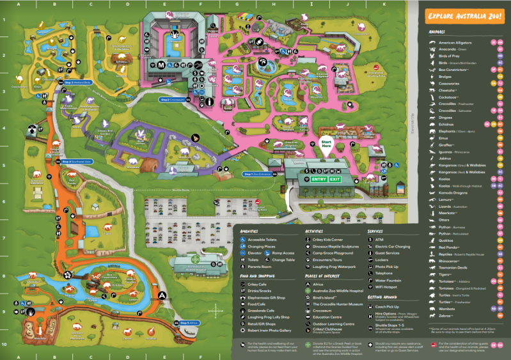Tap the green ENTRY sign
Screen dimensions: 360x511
tap(320, 180)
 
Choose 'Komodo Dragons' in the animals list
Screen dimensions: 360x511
tap(452, 192)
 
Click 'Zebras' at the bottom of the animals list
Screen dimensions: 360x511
tap(445, 316)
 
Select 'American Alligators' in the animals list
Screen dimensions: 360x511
tap(455, 42)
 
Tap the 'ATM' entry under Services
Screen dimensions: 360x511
tap(379, 239)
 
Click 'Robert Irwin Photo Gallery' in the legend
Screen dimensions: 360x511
tap(269, 330)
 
